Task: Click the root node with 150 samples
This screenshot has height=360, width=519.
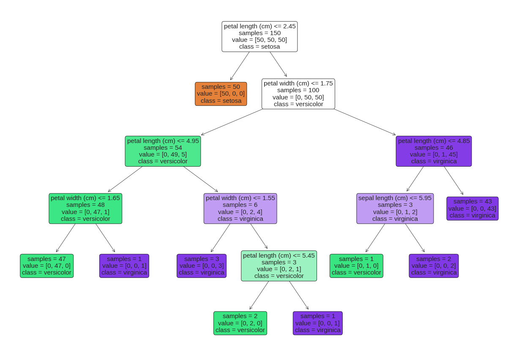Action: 259,36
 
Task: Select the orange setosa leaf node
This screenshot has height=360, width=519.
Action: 221,94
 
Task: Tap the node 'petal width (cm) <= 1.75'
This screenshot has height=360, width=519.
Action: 298,94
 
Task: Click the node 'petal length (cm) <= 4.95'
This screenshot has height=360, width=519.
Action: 163,151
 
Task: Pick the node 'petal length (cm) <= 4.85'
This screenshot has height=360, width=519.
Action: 434,151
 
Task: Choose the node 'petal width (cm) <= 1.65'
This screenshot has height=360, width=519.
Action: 85,209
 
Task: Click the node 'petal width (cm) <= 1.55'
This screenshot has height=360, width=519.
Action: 240,209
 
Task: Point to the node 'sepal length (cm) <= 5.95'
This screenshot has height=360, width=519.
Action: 395,209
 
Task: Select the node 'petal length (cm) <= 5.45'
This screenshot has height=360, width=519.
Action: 279,266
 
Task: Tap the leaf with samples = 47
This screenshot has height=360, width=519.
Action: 46,266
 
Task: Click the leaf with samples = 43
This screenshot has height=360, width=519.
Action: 472,209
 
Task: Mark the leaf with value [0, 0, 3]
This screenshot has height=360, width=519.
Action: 202,266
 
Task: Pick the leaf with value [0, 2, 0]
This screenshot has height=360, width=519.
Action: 240,323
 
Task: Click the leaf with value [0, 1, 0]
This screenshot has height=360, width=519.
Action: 356,266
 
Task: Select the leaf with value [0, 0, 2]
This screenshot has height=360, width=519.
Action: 434,266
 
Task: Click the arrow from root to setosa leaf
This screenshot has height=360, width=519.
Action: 240,66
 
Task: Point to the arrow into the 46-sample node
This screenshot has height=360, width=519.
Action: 365,122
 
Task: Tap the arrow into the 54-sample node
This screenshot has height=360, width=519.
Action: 232,122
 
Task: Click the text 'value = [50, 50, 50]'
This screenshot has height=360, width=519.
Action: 259,40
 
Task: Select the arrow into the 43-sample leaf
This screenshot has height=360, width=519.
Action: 453,181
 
